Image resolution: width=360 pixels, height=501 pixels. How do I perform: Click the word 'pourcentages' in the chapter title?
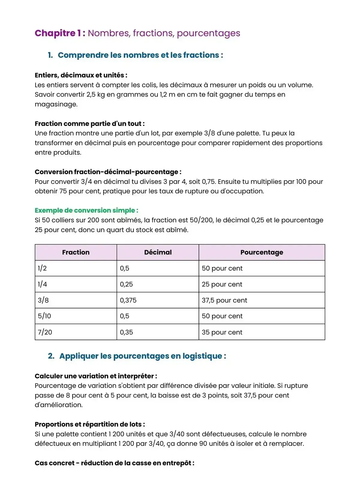click(x=208, y=33)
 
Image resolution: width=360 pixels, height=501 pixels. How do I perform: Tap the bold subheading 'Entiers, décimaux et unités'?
click(x=81, y=75)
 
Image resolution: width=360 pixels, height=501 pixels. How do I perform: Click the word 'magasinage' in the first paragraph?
click(x=56, y=104)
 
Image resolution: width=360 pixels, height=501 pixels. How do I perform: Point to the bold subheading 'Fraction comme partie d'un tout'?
click(x=89, y=124)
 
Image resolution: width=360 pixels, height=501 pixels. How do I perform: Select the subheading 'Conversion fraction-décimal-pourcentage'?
click(x=108, y=172)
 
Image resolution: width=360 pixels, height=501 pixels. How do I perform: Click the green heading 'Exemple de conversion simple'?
click(x=86, y=210)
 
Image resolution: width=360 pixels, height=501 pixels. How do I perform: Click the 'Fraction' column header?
click(x=76, y=252)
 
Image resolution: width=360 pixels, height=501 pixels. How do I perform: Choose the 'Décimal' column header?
click(x=158, y=252)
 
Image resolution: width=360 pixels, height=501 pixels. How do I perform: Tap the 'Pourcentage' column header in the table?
click(x=262, y=252)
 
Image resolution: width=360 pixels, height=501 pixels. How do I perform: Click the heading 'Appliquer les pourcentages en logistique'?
click(x=142, y=356)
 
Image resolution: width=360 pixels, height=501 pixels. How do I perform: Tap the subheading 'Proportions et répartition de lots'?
click(x=89, y=424)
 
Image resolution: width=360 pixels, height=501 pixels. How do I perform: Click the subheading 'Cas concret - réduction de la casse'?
click(x=114, y=463)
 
